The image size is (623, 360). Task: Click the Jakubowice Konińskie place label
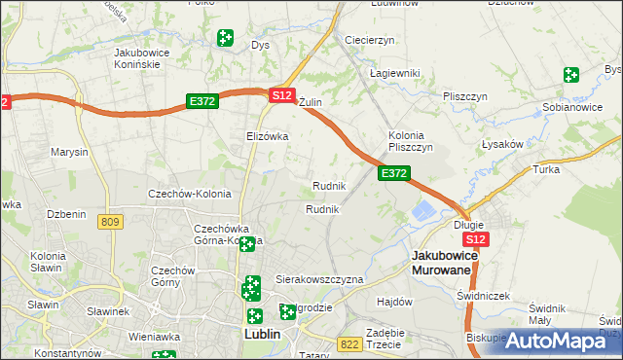click(x=143, y=57)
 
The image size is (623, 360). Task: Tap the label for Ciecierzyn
click(x=369, y=40)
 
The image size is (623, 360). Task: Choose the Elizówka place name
click(x=268, y=136)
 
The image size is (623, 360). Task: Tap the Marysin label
click(x=69, y=153)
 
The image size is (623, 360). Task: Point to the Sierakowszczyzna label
click(x=319, y=279)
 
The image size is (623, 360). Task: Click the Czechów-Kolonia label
click(x=188, y=194)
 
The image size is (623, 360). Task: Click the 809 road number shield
click(x=110, y=223)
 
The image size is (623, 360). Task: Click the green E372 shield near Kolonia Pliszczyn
click(x=393, y=173)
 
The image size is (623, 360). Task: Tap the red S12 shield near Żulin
click(x=281, y=95)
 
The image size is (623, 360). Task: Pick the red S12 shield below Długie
click(x=475, y=238)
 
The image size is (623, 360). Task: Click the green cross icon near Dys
click(x=225, y=38)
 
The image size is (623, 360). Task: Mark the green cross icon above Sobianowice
click(x=570, y=75)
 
